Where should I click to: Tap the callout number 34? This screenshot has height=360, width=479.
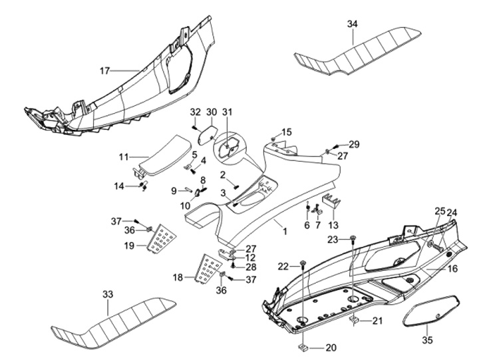click(x=353, y=24)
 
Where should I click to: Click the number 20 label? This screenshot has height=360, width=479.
click(x=331, y=347)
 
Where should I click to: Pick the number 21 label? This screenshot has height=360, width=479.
click(x=377, y=321)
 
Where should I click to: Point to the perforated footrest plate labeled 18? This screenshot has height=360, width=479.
click(x=208, y=268)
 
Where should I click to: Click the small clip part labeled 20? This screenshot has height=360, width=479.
click(x=302, y=347)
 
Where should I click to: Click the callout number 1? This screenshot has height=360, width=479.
click(x=284, y=232)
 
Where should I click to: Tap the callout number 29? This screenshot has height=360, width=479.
click(x=353, y=145)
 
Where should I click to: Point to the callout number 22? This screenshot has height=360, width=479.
click(x=283, y=266)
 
